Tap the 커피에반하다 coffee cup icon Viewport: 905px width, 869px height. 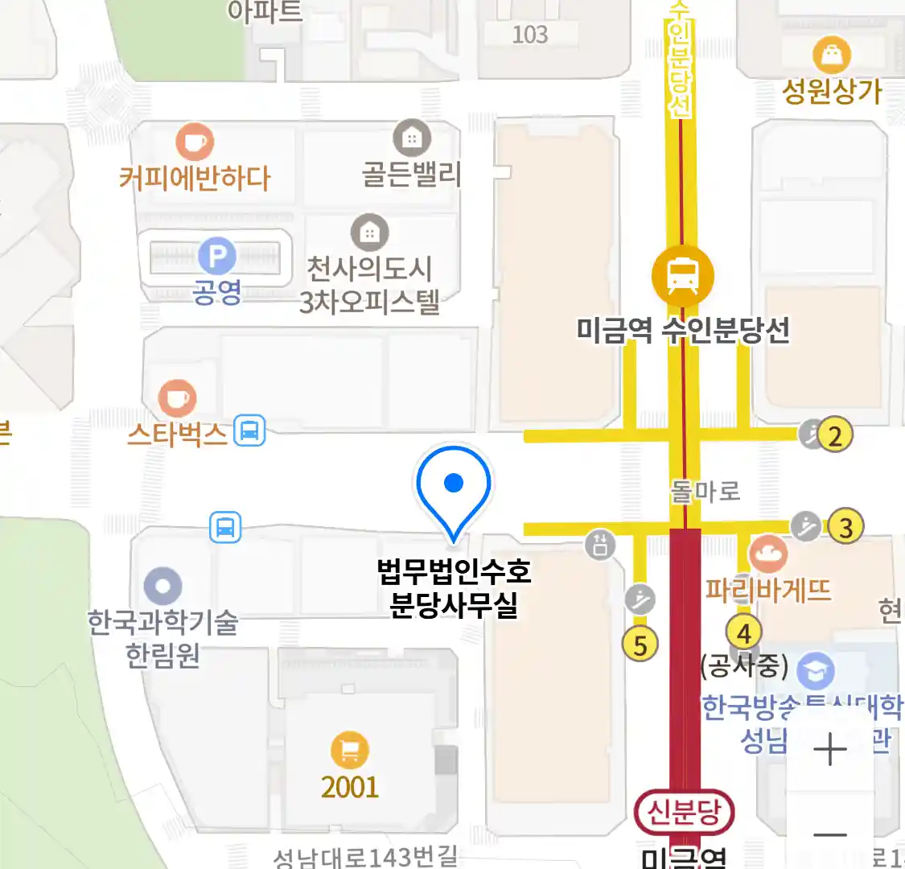coord(195,142)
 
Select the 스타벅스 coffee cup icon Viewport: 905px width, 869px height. coord(177,397)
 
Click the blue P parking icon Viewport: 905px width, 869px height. coord(216,257)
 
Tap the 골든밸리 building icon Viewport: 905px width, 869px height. coord(412,138)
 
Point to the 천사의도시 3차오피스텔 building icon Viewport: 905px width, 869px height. coord(369,233)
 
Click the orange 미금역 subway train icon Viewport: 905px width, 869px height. coord(682,274)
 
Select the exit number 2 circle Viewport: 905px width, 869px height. coord(835,435)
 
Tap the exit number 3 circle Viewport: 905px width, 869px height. coord(845,528)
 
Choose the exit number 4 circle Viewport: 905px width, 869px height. coord(744,633)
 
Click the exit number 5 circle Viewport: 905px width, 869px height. coord(640,645)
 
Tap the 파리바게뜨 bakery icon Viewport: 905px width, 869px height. coord(767,554)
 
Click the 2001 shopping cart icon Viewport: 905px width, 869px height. coord(350,751)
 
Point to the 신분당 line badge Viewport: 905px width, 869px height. coord(684,813)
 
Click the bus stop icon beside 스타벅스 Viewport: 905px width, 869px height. coord(249,430)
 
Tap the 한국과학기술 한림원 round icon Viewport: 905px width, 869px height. coord(163,587)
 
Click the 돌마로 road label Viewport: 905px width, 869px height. coord(705,491)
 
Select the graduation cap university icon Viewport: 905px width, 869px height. coord(815,669)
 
